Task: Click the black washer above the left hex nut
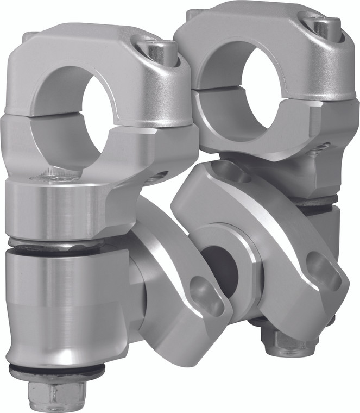56,372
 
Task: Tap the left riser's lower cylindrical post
60,304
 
